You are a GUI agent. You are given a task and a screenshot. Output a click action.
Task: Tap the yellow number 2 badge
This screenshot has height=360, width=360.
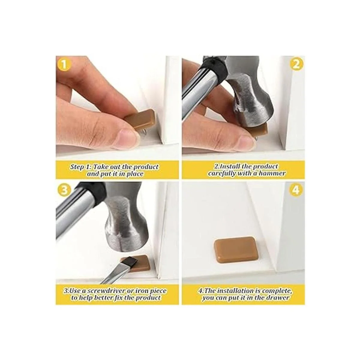tap(296, 64)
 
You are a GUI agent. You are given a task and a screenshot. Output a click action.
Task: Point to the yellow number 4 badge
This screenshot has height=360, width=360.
tap(296, 190)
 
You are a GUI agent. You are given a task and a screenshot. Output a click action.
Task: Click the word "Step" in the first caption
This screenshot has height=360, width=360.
tap(77, 167)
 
